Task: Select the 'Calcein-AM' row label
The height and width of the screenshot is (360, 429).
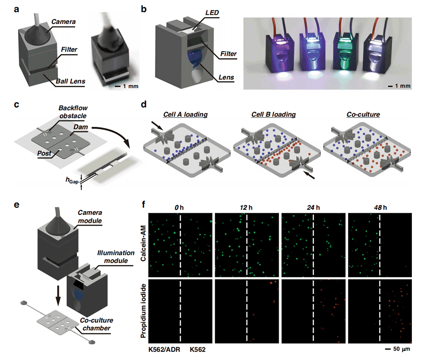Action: tap(143, 243)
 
